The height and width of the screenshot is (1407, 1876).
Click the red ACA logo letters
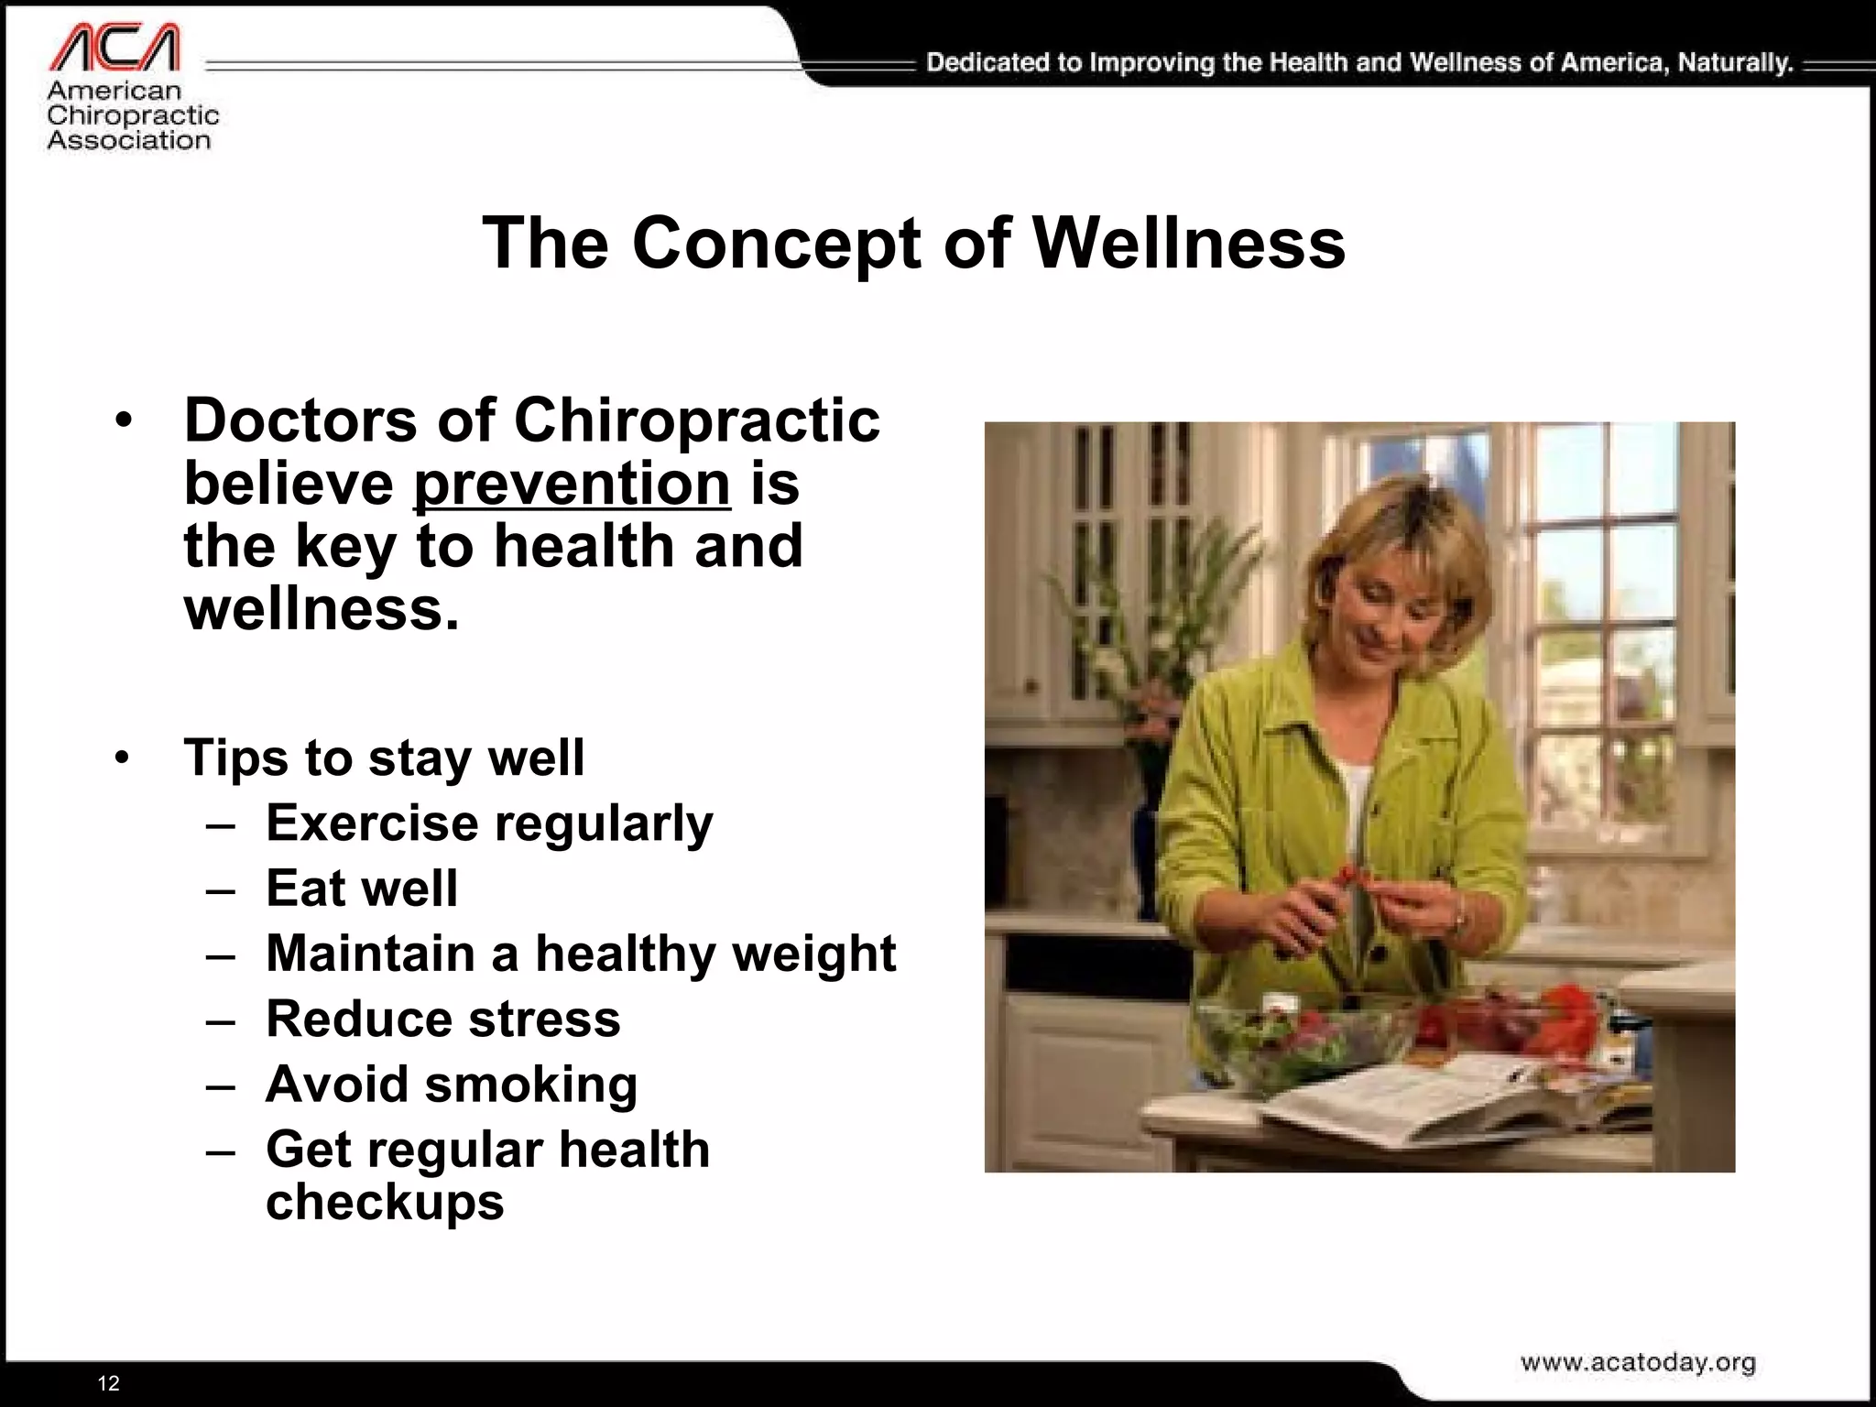click(115, 49)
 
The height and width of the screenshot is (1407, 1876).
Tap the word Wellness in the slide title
click(1189, 244)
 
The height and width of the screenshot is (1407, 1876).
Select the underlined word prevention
click(572, 484)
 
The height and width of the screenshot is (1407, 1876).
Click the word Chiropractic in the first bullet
click(696, 420)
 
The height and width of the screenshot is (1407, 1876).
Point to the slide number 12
click(108, 1383)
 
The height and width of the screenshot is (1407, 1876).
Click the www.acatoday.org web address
click(1638, 1362)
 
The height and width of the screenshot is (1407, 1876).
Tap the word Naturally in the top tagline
click(1735, 62)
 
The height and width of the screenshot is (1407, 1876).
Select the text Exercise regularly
click(488, 823)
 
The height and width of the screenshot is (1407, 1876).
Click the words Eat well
click(362, 888)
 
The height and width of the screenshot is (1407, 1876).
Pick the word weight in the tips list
click(813, 954)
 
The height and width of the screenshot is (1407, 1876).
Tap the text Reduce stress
click(442, 1019)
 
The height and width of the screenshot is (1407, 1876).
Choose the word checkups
click(385, 1202)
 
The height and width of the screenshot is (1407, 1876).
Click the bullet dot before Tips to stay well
click(123, 758)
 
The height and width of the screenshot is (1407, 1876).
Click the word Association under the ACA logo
click(129, 140)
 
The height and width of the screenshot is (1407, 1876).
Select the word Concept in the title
click(776, 244)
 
